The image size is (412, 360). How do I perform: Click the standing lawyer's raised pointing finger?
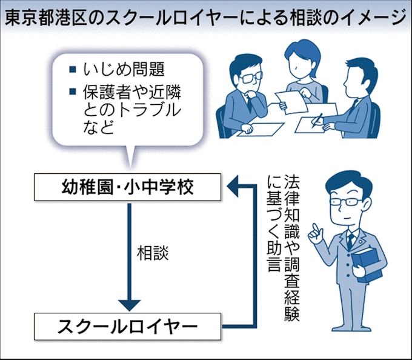point(314,226)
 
